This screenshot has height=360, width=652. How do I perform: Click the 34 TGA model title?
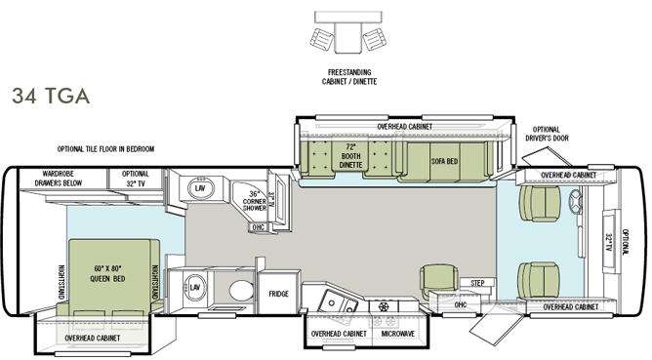click(x=51, y=96)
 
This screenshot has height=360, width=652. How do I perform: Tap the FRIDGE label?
click(x=278, y=294)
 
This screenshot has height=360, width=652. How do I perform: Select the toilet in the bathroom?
click(x=241, y=290)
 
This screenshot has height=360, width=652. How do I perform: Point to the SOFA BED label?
click(x=444, y=161)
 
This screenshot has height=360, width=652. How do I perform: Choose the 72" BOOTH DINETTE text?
click(x=350, y=156)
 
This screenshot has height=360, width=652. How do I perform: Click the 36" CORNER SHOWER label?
click(x=254, y=200)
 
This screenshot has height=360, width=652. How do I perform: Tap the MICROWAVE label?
click(x=398, y=334)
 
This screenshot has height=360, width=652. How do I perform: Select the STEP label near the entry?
click(x=477, y=283)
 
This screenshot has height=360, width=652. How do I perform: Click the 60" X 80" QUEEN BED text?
click(x=107, y=273)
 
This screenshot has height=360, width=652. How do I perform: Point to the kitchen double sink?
click(x=338, y=303)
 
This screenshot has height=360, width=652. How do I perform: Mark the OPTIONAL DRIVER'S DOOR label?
click(x=547, y=134)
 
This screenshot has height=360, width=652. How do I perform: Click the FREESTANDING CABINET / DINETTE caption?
click(x=349, y=77)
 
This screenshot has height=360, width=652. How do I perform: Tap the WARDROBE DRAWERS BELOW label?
click(x=59, y=179)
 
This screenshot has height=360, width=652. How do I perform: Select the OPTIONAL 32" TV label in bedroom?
click(x=135, y=179)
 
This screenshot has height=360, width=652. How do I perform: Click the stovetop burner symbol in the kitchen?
click(x=384, y=307)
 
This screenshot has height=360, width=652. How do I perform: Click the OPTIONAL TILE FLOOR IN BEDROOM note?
click(x=105, y=149)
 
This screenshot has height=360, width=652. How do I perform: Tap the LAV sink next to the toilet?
click(x=194, y=287)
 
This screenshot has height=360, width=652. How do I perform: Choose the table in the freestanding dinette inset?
click(x=348, y=37)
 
